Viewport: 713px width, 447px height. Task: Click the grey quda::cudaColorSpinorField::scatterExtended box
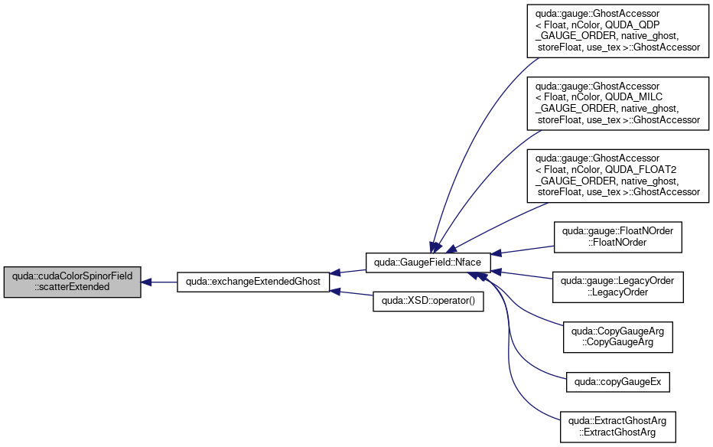click(x=73, y=282)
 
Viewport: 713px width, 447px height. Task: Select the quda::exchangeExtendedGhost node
click(x=253, y=282)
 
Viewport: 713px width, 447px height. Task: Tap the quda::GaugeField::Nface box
click(x=428, y=263)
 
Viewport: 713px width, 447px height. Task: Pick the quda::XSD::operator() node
click(x=428, y=301)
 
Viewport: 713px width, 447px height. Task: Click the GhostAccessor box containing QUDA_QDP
click(x=617, y=31)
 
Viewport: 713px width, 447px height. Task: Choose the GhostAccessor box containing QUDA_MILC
click(x=617, y=103)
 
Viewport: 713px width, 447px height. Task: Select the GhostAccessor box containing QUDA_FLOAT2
click(x=617, y=175)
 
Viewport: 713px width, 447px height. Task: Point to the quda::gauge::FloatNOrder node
click(x=617, y=237)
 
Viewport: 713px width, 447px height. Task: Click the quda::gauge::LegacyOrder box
click(x=617, y=287)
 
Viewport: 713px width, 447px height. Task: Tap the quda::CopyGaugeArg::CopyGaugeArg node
click(x=617, y=337)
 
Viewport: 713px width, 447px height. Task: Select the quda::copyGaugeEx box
click(x=617, y=382)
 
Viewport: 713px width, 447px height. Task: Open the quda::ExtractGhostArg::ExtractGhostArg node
click(x=617, y=427)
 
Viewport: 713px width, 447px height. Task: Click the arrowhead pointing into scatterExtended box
click(x=146, y=282)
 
